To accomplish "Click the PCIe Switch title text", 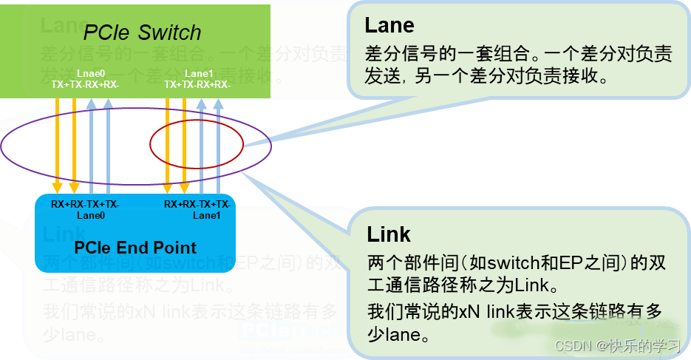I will [x=142, y=33].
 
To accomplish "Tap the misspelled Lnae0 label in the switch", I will [x=86, y=74].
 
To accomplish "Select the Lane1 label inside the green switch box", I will [x=198, y=74].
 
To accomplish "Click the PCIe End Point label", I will [x=136, y=247].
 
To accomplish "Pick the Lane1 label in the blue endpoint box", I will [x=207, y=215].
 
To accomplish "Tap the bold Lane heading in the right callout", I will [x=389, y=25].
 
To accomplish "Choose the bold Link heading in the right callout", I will [x=389, y=234].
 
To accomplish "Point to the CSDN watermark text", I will [x=616, y=345].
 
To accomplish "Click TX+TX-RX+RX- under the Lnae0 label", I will [x=86, y=84].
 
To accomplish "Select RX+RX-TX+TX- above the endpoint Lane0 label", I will [x=85, y=204].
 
